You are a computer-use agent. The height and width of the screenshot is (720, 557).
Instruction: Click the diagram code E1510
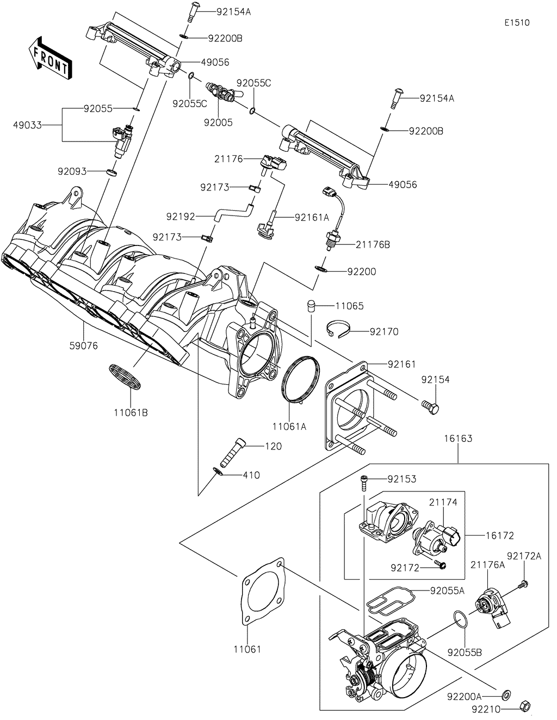(x=516, y=22)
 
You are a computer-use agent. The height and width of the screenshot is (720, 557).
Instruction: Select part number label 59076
(x=84, y=345)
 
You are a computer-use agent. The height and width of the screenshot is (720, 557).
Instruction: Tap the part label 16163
(x=457, y=439)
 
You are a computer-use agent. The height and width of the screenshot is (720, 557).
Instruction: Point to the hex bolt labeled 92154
(x=430, y=407)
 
